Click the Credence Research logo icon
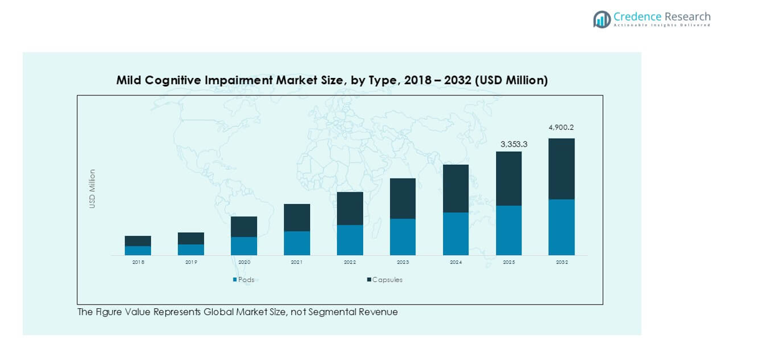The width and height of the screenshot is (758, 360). click(x=601, y=19)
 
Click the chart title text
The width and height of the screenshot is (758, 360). click(x=332, y=80)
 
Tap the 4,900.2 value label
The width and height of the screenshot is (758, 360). click(x=561, y=127)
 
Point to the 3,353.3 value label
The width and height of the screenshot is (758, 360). click(x=513, y=144)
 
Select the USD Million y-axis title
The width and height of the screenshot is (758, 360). click(x=92, y=188)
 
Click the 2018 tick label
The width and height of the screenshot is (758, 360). click(x=138, y=263)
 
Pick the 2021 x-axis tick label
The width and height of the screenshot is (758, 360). click(x=296, y=263)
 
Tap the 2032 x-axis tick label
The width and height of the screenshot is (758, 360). click(x=561, y=263)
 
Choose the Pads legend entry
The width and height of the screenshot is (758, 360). click(x=244, y=280)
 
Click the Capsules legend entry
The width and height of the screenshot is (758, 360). click(x=384, y=280)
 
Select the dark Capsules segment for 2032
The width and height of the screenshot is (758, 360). click(x=561, y=168)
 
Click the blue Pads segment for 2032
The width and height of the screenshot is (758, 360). click(x=561, y=227)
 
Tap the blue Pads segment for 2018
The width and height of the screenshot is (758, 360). click(x=138, y=250)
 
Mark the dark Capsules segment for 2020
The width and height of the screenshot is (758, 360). click(x=244, y=226)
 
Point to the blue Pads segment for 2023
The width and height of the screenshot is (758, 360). click(x=402, y=236)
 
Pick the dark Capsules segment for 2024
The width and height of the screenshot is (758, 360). click(x=455, y=188)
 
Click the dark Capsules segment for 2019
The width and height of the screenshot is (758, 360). click(x=191, y=238)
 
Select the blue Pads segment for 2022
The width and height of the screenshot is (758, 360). click(x=350, y=240)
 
